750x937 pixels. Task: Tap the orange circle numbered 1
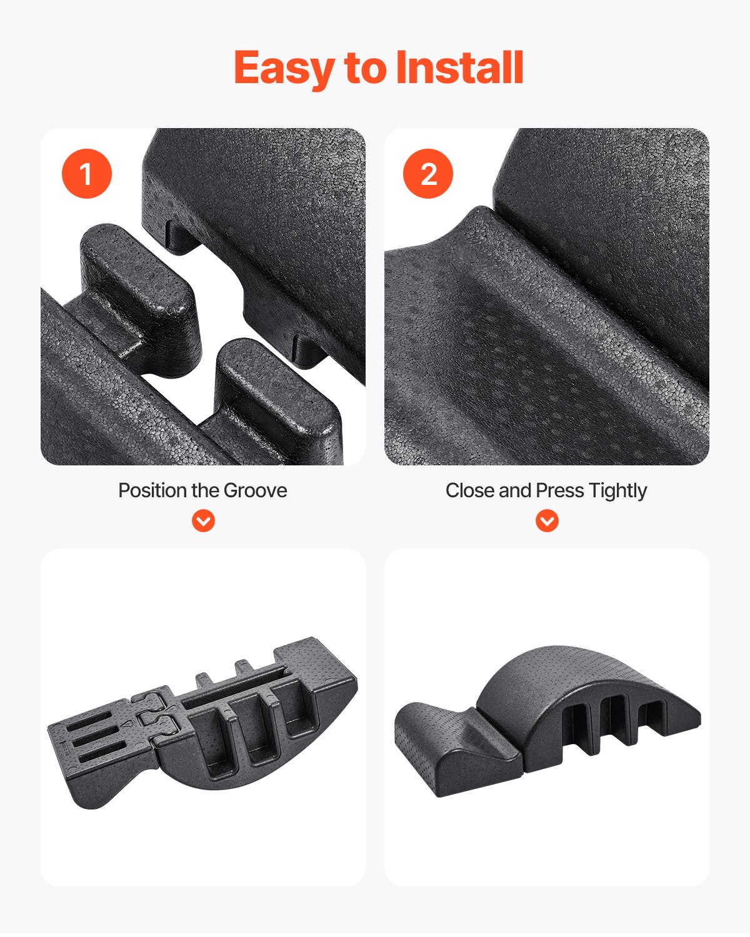pos(86,174)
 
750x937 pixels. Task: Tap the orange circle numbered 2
pos(428,174)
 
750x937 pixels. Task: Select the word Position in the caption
pos(152,490)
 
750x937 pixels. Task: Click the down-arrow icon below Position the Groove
pos(203,520)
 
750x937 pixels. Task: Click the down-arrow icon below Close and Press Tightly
pos(547,520)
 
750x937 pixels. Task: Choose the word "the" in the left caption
pos(204,490)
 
